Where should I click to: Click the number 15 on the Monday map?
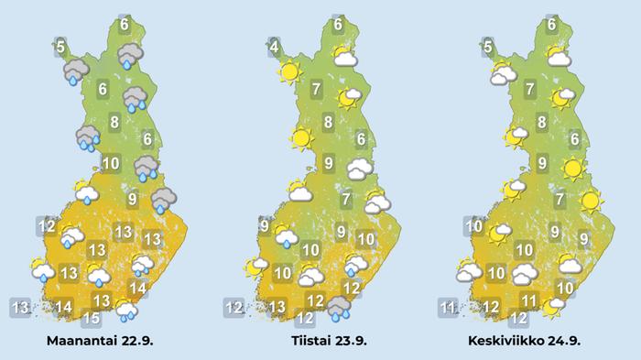(91, 319)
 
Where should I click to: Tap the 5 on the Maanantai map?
(60, 46)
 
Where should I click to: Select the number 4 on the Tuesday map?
(274, 45)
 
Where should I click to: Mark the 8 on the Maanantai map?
(114, 122)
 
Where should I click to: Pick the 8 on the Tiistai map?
(329, 122)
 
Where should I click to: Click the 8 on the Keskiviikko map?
(542, 122)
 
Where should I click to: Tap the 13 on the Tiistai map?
(276, 306)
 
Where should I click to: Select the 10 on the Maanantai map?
(110, 165)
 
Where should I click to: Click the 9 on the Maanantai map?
(133, 199)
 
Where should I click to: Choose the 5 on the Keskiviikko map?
(488, 46)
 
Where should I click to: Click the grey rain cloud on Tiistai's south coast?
(339, 307)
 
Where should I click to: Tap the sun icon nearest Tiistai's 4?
(290, 71)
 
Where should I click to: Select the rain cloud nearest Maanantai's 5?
(75, 71)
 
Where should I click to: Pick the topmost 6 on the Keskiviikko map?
(552, 25)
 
